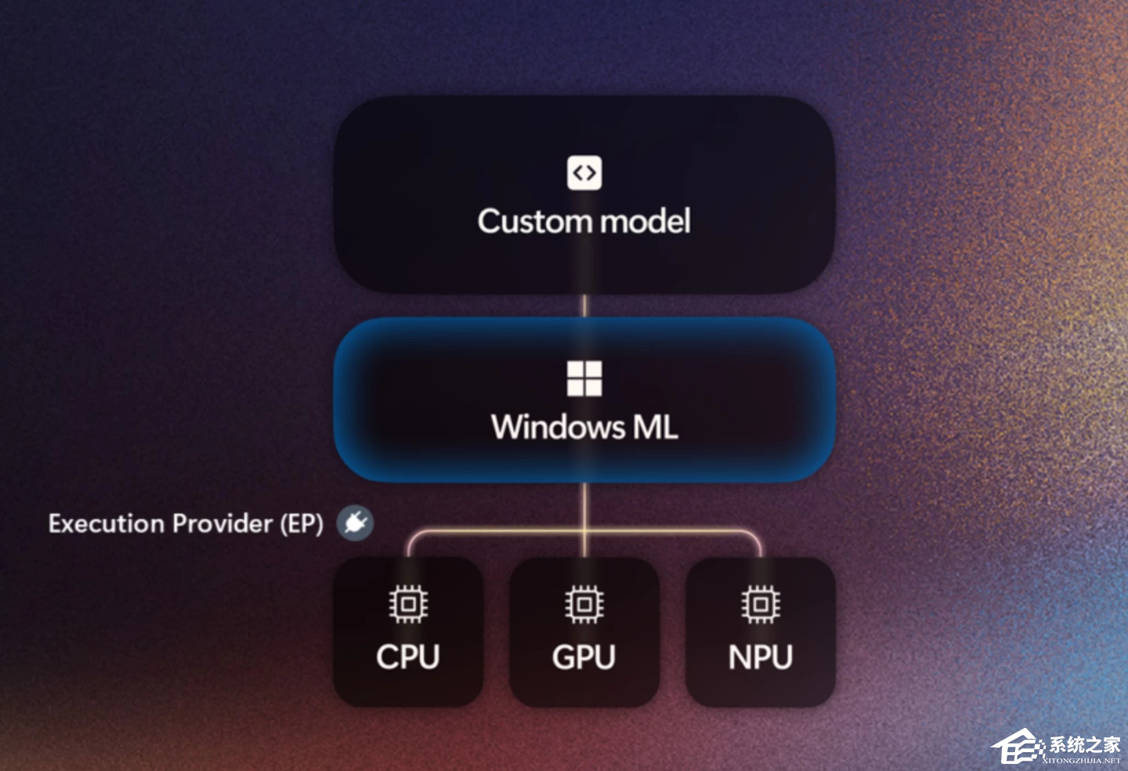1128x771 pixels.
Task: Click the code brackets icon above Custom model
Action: click(584, 172)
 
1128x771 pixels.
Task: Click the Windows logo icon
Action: click(584, 378)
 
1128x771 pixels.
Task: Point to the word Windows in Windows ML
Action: click(558, 428)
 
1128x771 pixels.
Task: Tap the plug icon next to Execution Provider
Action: click(355, 523)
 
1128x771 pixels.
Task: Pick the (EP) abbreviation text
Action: click(302, 523)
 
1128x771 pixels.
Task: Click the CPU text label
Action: click(408, 657)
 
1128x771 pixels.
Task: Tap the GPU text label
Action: click(584, 657)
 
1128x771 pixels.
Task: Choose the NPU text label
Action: click(761, 657)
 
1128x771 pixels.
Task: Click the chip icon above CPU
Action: click(408, 604)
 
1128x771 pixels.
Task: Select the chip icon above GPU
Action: click(584, 604)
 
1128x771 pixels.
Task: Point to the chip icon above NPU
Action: click(761, 604)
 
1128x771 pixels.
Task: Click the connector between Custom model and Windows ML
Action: click(584, 306)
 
